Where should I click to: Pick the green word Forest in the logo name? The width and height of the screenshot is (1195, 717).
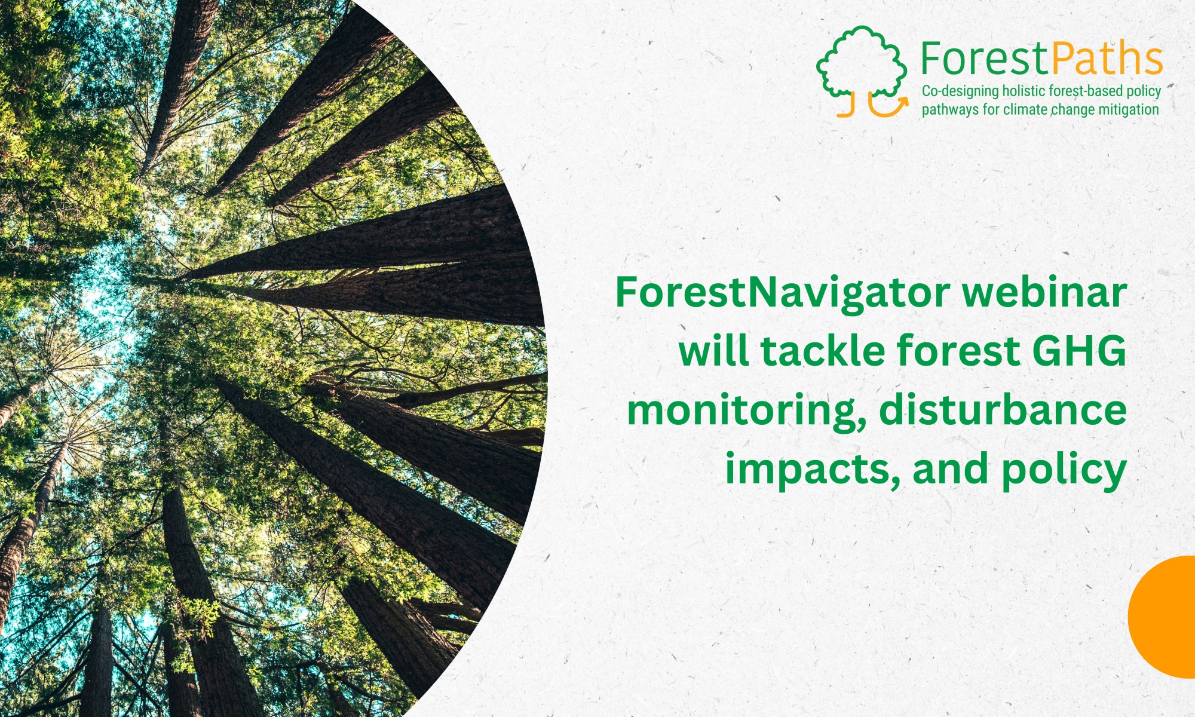click(x=985, y=59)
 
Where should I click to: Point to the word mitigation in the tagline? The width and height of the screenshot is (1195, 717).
click(x=1128, y=110)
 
